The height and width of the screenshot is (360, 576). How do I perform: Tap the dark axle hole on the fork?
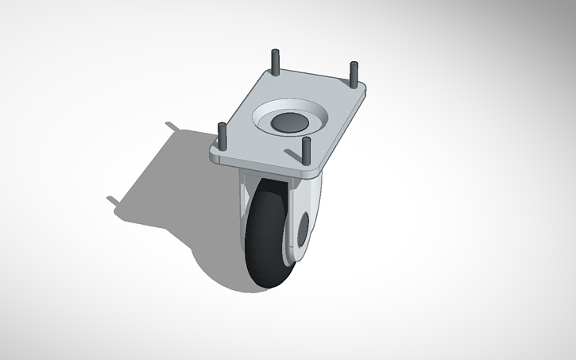(x=303, y=231)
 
